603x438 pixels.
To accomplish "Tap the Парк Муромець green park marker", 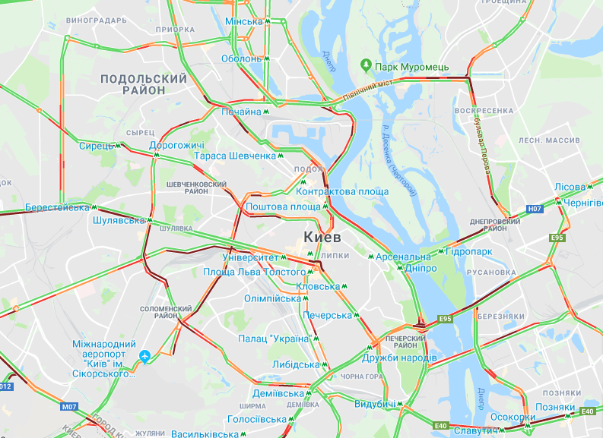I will [366, 67].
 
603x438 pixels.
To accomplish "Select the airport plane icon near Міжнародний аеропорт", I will [144, 355].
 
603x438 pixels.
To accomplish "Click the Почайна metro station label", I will [241, 112].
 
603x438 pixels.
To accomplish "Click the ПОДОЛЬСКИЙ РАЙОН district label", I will [143, 84].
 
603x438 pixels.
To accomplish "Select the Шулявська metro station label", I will [118, 220].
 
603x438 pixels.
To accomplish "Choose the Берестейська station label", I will [57, 206].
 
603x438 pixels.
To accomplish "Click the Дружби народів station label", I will [399, 358].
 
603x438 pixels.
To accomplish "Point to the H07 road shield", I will [534, 208].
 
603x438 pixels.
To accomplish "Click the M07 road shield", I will [70, 407].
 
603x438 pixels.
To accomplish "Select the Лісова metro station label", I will [570, 187].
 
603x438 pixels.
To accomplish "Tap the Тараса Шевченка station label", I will [235, 156].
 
